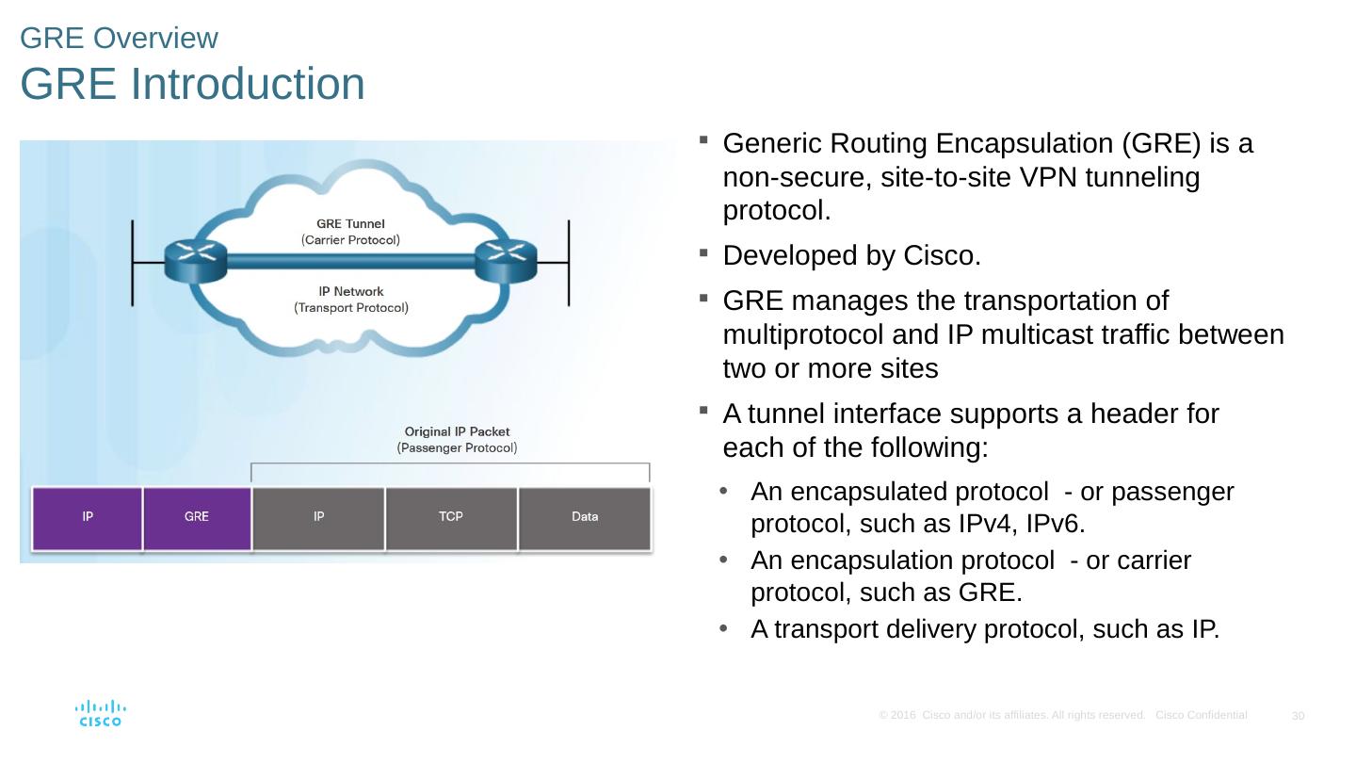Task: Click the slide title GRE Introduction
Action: click(192, 84)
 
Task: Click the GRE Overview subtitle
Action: click(119, 39)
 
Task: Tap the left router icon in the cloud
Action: click(195, 260)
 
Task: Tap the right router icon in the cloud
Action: click(505, 260)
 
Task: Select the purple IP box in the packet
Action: click(88, 517)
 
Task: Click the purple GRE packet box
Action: click(197, 517)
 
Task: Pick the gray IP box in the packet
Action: click(319, 517)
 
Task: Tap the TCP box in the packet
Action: click(451, 517)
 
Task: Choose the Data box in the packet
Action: click(585, 517)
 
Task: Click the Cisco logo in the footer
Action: click(100, 713)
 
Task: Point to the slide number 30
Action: click(1298, 717)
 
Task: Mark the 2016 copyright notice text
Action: click(1010, 716)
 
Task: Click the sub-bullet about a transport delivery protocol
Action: click(985, 629)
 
